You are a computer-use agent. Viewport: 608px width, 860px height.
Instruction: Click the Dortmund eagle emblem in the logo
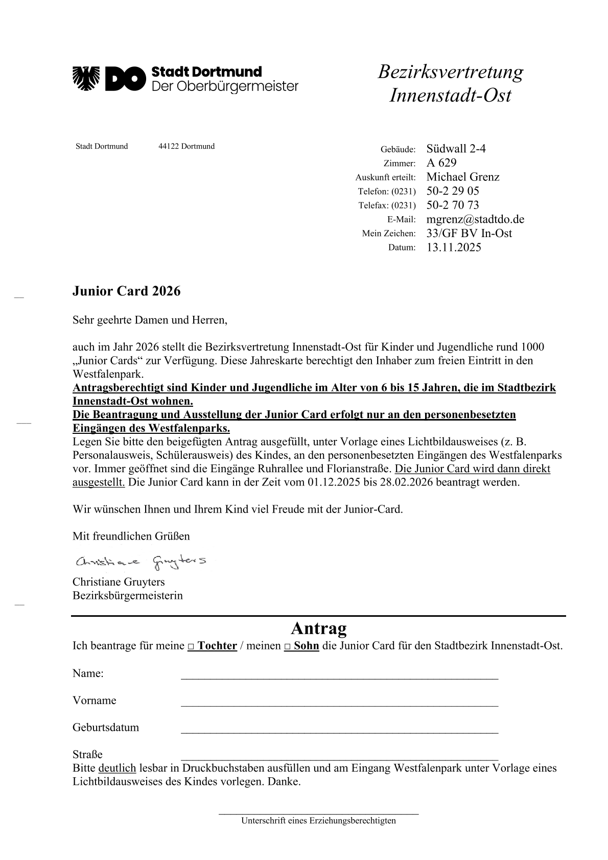click(86, 78)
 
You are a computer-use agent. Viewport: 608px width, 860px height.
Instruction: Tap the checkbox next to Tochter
click(191, 647)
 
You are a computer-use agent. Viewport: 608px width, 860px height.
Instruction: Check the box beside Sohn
click(288, 647)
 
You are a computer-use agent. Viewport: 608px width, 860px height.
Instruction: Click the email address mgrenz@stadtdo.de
click(475, 219)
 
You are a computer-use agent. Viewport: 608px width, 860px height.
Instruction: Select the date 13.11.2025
click(454, 247)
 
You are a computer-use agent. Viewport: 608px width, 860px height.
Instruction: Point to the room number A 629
click(441, 163)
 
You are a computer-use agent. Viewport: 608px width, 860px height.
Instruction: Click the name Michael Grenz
click(463, 177)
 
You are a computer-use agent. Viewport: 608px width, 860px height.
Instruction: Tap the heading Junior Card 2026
click(126, 291)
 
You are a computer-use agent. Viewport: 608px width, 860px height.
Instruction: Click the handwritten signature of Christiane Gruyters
click(141, 562)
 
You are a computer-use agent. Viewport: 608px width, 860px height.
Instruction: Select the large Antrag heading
click(318, 627)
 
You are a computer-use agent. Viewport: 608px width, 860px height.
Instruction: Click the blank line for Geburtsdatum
click(339, 731)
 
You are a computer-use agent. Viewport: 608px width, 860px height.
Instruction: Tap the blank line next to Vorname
click(339, 704)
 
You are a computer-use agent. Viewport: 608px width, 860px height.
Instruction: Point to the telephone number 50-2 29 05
click(453, 191)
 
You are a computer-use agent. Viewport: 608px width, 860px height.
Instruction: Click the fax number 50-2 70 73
click(453, 205)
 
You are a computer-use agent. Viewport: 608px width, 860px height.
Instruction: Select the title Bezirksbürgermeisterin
click(128, 595)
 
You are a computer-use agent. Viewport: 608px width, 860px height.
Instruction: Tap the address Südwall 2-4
click(456, 149)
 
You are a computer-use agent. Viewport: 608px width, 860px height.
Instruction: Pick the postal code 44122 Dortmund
click(186, 146)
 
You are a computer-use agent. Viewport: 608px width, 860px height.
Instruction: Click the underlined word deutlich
click(117, 768)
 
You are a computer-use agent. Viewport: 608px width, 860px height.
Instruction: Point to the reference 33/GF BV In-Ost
click(469, 233)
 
